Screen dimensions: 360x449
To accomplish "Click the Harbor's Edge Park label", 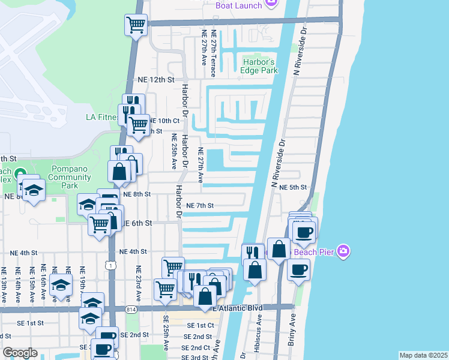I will click(260, 66).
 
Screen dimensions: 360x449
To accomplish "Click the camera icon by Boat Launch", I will click(271, 5).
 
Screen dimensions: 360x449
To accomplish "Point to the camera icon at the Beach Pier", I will click(343, 250).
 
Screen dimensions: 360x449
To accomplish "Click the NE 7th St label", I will click(200, 205).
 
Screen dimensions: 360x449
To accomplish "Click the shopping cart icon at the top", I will click(136, 25).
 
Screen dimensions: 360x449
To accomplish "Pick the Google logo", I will click(20, 353).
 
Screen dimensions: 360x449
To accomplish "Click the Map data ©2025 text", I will click(423, 355).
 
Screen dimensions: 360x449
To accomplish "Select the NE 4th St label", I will click(133, 252).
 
